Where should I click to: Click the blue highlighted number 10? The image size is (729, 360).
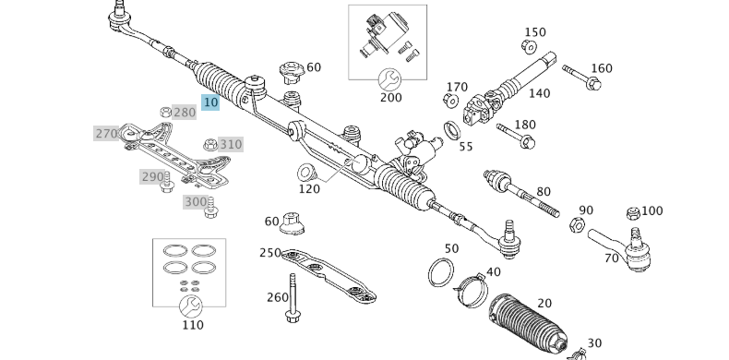(210, 102)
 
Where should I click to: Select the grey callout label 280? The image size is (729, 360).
(184, 113)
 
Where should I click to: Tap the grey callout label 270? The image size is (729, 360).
(106, 134)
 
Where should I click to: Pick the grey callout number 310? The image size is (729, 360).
(230, 144)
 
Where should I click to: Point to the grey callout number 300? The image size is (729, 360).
(196, 202)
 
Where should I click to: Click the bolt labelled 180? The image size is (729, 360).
(515, 136)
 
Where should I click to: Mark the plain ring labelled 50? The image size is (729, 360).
(441, 272)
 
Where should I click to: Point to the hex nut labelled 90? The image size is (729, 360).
(576, 223)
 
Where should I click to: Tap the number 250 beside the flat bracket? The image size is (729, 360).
(269, 253)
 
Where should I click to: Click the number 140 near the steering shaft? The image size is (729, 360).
(539, 93)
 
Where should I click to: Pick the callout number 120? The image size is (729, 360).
(308, 189)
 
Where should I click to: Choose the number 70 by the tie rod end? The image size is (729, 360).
(611, 258)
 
